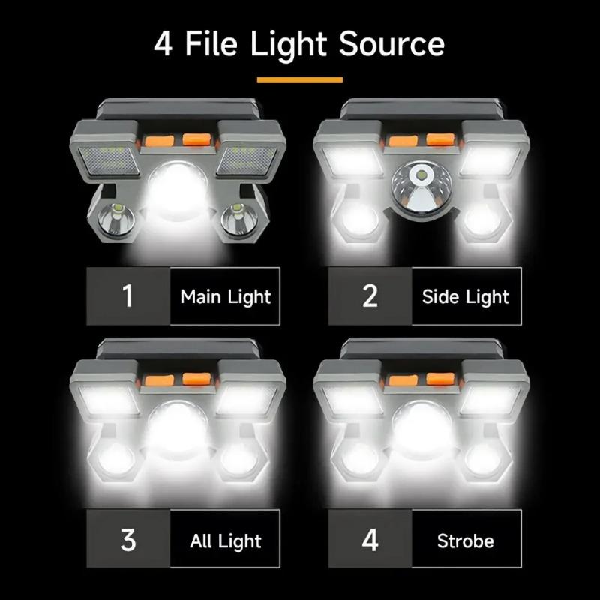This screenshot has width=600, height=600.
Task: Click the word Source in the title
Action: point(391,44)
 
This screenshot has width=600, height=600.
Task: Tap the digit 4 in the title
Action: point(163,44)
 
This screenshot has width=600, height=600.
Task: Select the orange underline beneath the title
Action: point(299,79)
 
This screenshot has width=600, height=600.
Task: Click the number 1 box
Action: point(128,295)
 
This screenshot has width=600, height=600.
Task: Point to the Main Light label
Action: point(225,295)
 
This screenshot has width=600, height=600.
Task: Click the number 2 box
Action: point(370,295)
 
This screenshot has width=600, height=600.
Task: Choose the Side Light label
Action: point(465,295)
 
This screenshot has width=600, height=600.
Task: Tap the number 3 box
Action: point(128,539)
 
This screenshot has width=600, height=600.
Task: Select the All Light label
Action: point(225,539)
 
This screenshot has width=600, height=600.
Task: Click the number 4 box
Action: point(370,539)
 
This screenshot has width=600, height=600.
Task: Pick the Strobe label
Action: point(465,539)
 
